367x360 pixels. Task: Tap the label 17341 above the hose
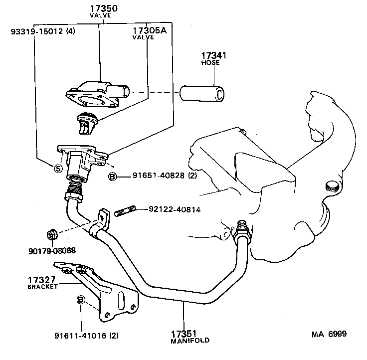pyautogui.click(x=214, y=55)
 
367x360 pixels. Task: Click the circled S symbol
pyautogui.click(x=58, y=169)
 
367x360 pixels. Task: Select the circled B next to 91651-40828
pyautogui.click(x=113, y=176)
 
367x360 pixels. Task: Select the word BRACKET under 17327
pyautogui.click(x=42, y=287)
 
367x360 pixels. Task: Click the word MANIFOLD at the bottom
pyautogui.click(x=189, y=341)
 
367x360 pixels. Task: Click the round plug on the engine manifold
pyautogui.click(x=331, y=187)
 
